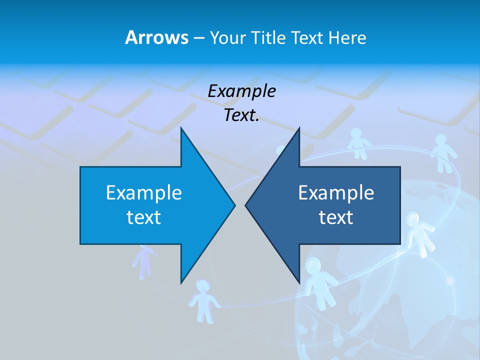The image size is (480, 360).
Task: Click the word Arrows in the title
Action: point(156,37)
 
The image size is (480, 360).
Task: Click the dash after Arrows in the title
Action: point(198,38)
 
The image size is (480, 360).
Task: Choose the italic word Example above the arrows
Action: point(241,91)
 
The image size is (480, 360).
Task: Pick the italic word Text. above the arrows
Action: point(241,115)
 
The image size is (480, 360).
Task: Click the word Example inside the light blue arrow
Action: point(144,192)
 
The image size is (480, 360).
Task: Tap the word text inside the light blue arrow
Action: point(144,217)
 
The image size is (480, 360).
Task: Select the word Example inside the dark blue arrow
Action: point(336,192)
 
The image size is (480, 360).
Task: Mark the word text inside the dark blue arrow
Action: point(336,217)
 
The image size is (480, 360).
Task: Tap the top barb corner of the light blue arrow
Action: point(181,129)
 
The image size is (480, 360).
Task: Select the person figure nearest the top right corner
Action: point(441,151)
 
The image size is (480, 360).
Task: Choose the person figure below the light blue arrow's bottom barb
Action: point(203,300)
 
